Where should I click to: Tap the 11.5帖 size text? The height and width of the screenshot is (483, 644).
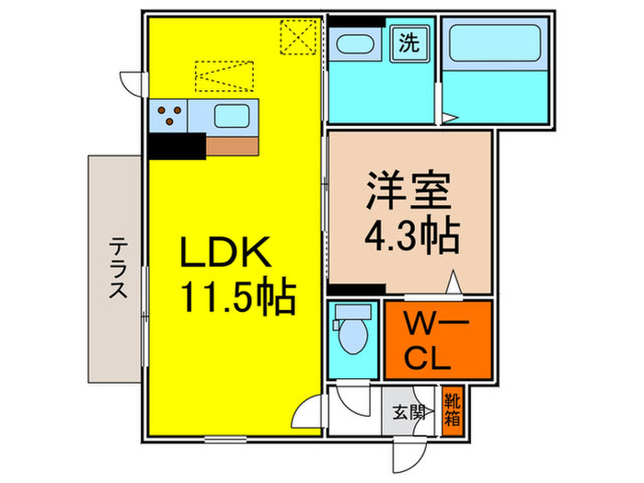(237, 296)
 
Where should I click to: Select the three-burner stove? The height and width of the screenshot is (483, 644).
(168, 116)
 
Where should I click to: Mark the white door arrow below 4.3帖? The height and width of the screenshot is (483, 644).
(454, 282)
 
